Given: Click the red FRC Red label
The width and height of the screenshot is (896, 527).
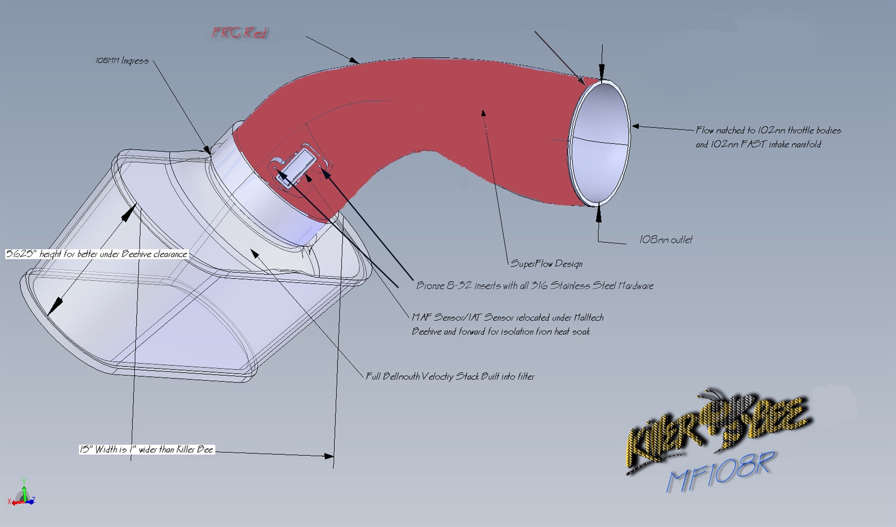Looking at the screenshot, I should point(239,33).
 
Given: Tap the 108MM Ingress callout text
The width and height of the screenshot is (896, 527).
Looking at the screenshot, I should point(122,61).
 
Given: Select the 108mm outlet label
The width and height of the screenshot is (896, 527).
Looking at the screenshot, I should point(665,239).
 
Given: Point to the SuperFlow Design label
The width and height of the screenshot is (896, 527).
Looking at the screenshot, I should point(546,264).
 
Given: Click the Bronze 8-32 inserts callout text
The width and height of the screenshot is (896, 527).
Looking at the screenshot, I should point(535,285).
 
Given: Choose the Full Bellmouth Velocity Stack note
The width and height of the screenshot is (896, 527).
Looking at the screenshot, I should point(450,376).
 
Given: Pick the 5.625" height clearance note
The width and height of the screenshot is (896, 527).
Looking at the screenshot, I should point(96,254).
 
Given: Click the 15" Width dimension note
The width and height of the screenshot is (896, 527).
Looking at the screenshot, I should point(146,449).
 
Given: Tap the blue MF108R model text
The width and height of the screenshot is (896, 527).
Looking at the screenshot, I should point(720,472).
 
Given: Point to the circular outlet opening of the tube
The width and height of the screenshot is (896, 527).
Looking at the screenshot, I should point(599,143).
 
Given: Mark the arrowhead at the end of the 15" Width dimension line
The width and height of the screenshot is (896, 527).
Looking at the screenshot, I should point(328,456).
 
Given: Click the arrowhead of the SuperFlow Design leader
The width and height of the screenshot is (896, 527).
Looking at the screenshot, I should point(483,113).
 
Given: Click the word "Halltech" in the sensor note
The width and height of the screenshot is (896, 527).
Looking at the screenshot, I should point(588,317).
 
